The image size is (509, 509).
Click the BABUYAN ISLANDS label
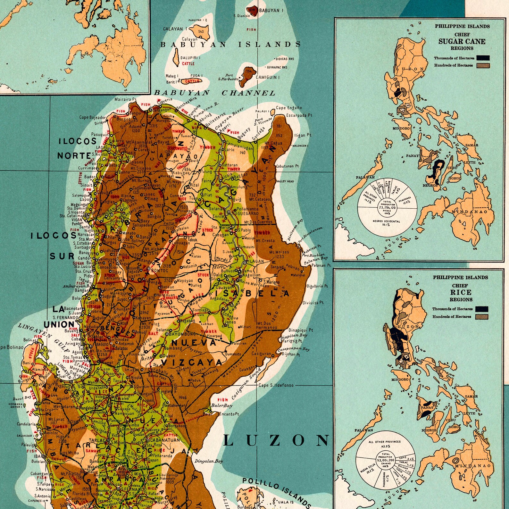coord(230,45)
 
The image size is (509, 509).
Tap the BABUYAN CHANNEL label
coord(215,93)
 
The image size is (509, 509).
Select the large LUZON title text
coord(276,440)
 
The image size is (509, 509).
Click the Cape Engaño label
coord(289,108)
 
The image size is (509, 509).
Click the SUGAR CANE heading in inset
coord(462,41)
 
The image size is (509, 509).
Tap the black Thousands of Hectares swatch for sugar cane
coord(483,58)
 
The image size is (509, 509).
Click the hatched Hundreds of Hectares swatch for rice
coord(482,317)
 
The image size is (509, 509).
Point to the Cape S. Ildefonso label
coord(276,385)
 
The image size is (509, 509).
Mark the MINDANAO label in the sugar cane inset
coord(469,212)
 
